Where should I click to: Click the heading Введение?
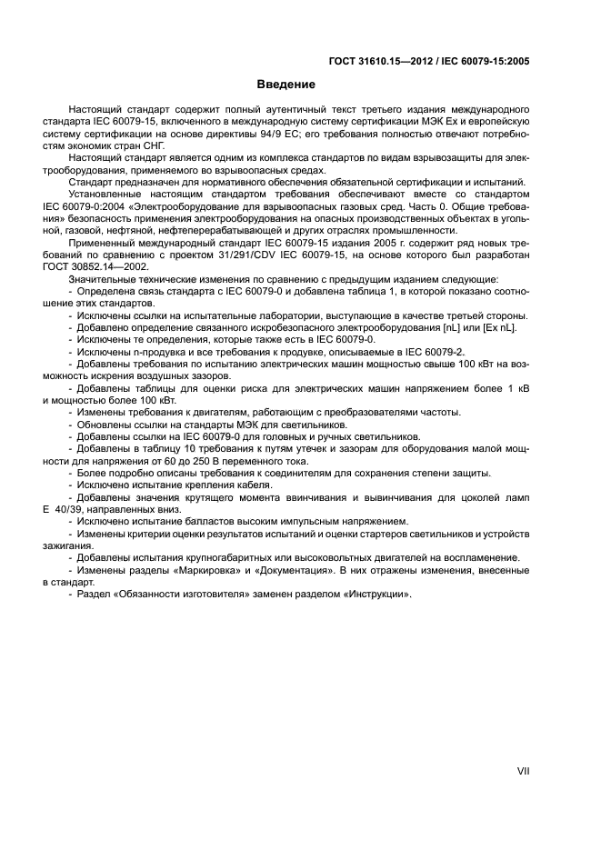285,85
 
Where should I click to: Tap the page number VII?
523,770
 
